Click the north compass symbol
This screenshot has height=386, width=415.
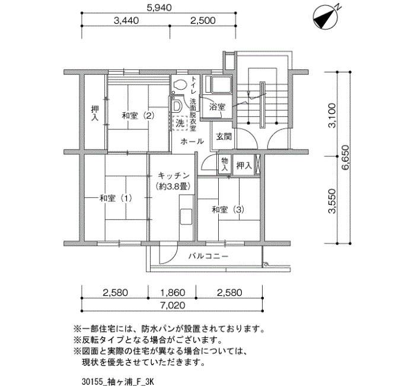click(x=325, y=18)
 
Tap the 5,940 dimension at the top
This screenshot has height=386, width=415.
click(x=159, y=7)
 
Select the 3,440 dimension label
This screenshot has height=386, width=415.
click(x=126, y=20)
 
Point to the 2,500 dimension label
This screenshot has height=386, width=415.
click(x=203, y=20)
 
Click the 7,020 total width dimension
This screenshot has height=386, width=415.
click(x=173, y=305)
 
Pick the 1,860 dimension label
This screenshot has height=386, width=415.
click(x=173, y=292)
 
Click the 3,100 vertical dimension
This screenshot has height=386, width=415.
click(x=332, y=115)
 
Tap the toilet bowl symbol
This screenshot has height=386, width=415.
click(x=180, y=85)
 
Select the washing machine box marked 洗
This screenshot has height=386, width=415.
click(x=180, y=124)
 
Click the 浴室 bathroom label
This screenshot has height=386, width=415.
click(x=217, y=107)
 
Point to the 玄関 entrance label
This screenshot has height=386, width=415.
click(x=224, y=137)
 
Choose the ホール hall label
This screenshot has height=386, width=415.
click(x=192, y=141)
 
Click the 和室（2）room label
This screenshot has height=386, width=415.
click(x=138, y=116)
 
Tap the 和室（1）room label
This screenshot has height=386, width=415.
click(x=116, y=198)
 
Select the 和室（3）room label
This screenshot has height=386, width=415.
click(x=228, y=210)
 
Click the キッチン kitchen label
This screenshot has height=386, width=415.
click(x=174, y=176)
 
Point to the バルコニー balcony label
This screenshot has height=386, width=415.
click(x=208, y=256)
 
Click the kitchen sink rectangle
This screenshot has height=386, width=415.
click(x=186, y=217)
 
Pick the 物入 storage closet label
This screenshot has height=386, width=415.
click(x=225, y=164)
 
